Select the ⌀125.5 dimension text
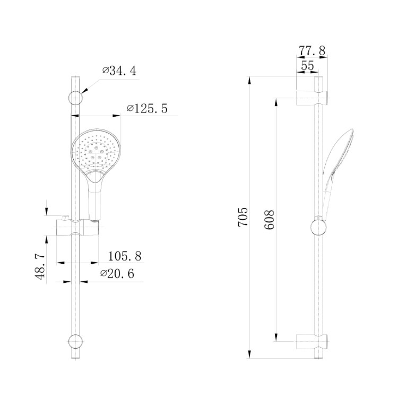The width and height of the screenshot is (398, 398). click(147, 109)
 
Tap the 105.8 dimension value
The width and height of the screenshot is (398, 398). click(125, 256)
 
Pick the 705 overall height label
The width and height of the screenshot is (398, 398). click(243, 218)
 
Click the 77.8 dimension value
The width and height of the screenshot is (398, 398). click(312, 51)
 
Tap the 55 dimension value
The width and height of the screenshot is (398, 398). click(307, 66)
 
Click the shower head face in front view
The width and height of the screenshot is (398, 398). click(96, 150)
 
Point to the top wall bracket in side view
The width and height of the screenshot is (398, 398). click(312, 98)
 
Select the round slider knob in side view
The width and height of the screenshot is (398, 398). click(317, 227)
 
